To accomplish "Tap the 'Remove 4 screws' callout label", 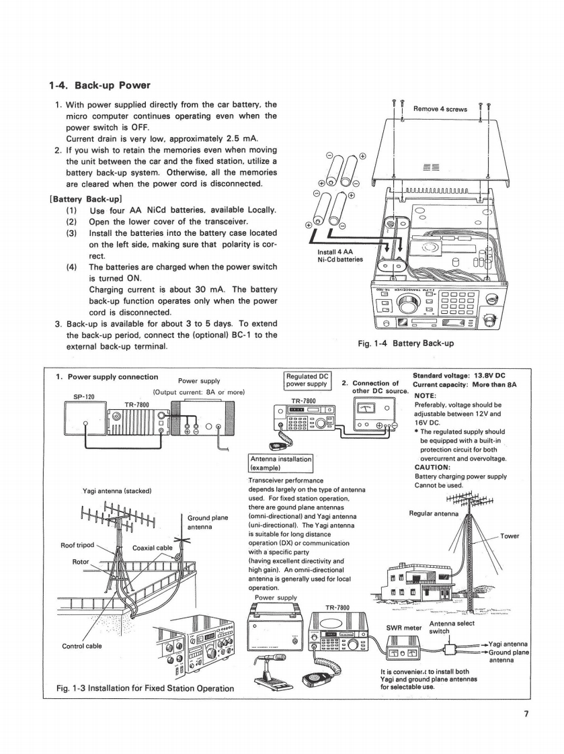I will click(440, 108).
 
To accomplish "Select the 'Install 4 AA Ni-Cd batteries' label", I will click(339, 255).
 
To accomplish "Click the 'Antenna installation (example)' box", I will click(278, 461).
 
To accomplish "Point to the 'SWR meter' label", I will click(403, 628).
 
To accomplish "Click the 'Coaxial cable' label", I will click(154, 547).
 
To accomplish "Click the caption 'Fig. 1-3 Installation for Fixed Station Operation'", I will click(145, 687).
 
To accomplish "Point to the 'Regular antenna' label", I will click(434, 514).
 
